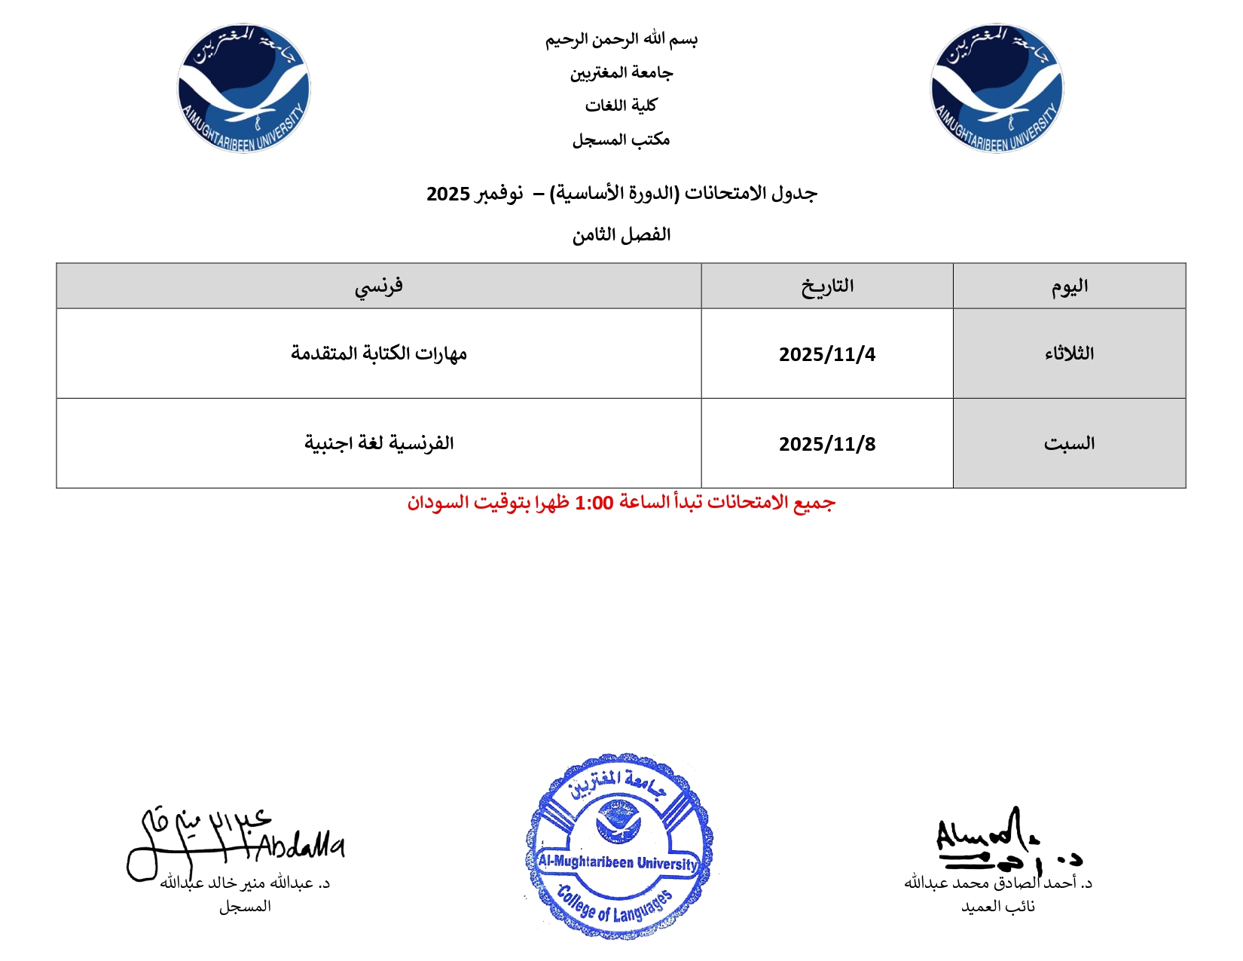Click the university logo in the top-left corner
pyautogui.click(x=243, y=88)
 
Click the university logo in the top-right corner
pyautogui.click(x=997, y=88)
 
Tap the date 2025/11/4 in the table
pyautogui.click(x=826, y=354)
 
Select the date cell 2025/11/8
pyautogui.click(x=826, y=444)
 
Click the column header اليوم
pyautogui.click(x=1069, y=286)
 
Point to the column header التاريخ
pyautogui.click(x=826, y=286)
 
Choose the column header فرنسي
pyautogui.click(x=378, y=286)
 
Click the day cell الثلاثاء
pyautogui.click(x=1069, y=353)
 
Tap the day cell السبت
pyautogui.click(x=1069, y=444)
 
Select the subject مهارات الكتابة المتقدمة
pyautogui.click(x=378, y=353)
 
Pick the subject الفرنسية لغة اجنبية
pyautogui.click(x=378, y=443)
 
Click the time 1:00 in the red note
pyautogui.click(x=594, y=503)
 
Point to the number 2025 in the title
pyautogui.click(x=448, y=194)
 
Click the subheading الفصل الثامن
pyautogui.click(x=621, y=235)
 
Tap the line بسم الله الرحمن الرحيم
pyautogui.click(x=621, y=39)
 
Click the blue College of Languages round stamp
pyautogui.click(x=618, y=846)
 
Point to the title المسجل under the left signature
pyautogui.click(x=245, y=907)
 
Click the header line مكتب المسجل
pyautogui.click(x=621, y=139)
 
